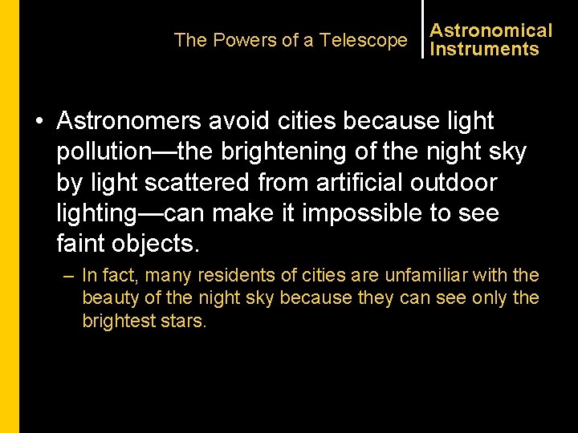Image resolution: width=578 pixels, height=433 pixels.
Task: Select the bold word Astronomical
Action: click(491, 30)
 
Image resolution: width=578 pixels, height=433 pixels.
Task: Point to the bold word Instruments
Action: click(484, 49)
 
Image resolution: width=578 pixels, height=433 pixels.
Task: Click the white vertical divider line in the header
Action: click(422, 29)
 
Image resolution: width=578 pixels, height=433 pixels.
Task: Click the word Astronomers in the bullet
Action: click(130, 121)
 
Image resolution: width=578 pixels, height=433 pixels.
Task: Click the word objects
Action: click(161, 243)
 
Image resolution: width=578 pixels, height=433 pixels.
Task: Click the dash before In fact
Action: click(68, 276)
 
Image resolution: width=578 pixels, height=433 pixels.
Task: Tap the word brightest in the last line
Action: click(117, 321)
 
